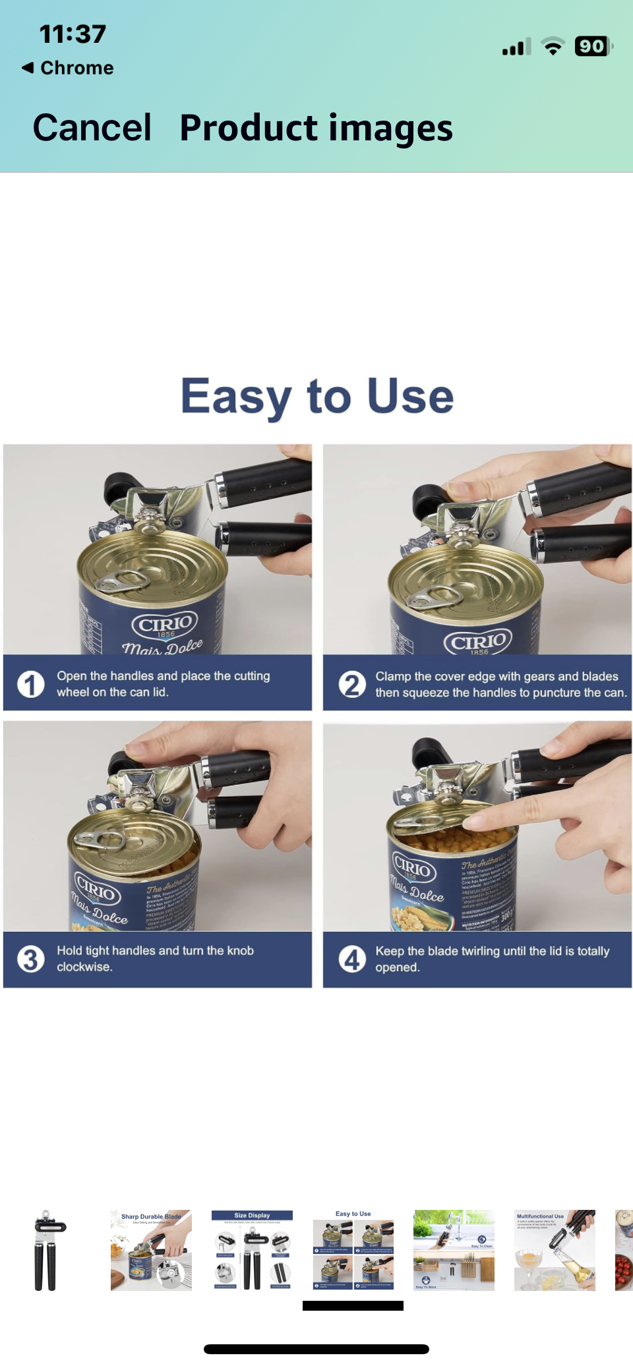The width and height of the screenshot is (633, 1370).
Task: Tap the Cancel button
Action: [x=92, y=127]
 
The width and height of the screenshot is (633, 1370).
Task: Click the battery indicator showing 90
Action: [x=592, y=46]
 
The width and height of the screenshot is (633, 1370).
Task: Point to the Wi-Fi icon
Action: [x=553, y=46]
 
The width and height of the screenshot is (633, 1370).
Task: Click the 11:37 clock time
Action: [x=73, y=34]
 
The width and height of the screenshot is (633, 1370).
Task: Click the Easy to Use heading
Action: [x=317, y=396]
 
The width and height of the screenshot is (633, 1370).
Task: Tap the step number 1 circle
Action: [x=30, y=684]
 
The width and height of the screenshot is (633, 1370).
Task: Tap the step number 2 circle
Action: [x=352, y=684]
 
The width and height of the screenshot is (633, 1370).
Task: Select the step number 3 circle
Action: [x=30, y=959]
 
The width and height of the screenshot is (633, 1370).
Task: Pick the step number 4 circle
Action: [x=352, y=959]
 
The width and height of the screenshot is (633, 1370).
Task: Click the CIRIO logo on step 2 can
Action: [x=479, y=641]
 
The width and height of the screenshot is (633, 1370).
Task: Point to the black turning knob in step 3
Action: [x=124, y=762]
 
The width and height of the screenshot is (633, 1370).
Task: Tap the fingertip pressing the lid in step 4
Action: [x=476, y=821]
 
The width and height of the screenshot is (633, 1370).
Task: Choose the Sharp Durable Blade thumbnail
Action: [x=151, y=1250]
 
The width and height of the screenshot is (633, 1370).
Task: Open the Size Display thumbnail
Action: [x=252, y=1250]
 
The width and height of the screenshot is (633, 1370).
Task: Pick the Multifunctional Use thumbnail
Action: [x=555, y=1250]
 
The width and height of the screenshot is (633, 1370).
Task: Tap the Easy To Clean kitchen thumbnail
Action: [x=454, y=1250]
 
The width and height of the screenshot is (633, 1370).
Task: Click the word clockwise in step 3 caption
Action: [x=84, y=967]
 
